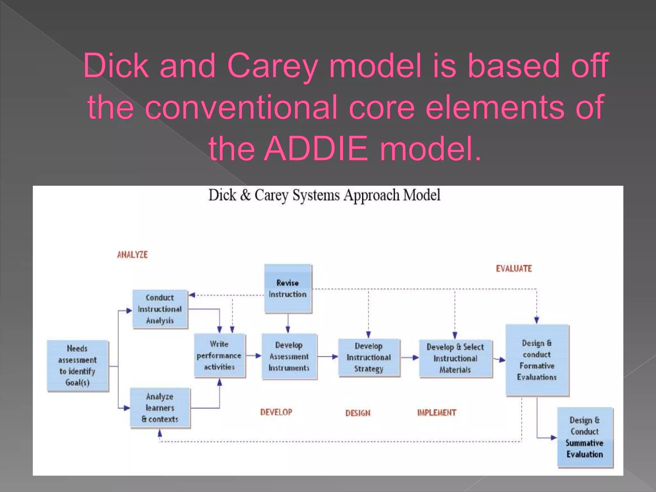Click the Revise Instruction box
(288, 289)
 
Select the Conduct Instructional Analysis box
(160, 309)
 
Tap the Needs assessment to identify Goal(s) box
(78, 365)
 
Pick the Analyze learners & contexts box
(160, 408)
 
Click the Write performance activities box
(219, 356)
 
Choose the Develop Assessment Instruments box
(289, 357)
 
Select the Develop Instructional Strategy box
(369, 357)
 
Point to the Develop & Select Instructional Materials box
(455, 358)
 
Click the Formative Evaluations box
(537, 360)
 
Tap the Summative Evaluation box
(585, 437)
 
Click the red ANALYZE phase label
(132, 255)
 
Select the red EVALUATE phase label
(514, 269)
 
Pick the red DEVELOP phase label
(276, 412)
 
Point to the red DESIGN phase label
(358, 413)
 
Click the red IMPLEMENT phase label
(437, 413)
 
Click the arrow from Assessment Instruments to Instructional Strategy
(327, 357)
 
